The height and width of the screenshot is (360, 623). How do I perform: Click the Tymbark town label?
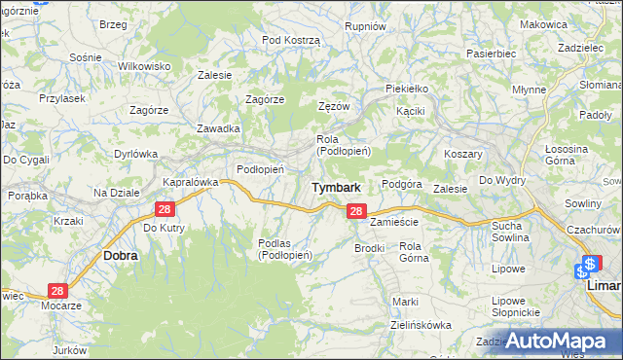[336, 187]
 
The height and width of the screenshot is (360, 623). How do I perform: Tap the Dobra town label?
[120, 255]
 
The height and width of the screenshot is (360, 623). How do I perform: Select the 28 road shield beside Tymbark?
[355, 211]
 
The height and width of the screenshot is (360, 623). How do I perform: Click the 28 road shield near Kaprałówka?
[164, 210]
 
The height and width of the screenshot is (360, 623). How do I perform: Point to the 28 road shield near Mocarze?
[57, 291]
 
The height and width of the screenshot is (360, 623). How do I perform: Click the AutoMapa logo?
[562, 342]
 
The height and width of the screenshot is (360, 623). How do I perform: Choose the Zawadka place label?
[218, 128]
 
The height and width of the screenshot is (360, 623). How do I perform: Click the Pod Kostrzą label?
[290, 39]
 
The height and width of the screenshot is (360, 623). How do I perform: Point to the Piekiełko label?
[406, 88]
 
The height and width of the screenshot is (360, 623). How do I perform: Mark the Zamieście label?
[394, 222]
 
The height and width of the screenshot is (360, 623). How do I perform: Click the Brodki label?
[370, 248]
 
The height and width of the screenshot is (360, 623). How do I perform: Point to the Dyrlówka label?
[135, 153]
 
